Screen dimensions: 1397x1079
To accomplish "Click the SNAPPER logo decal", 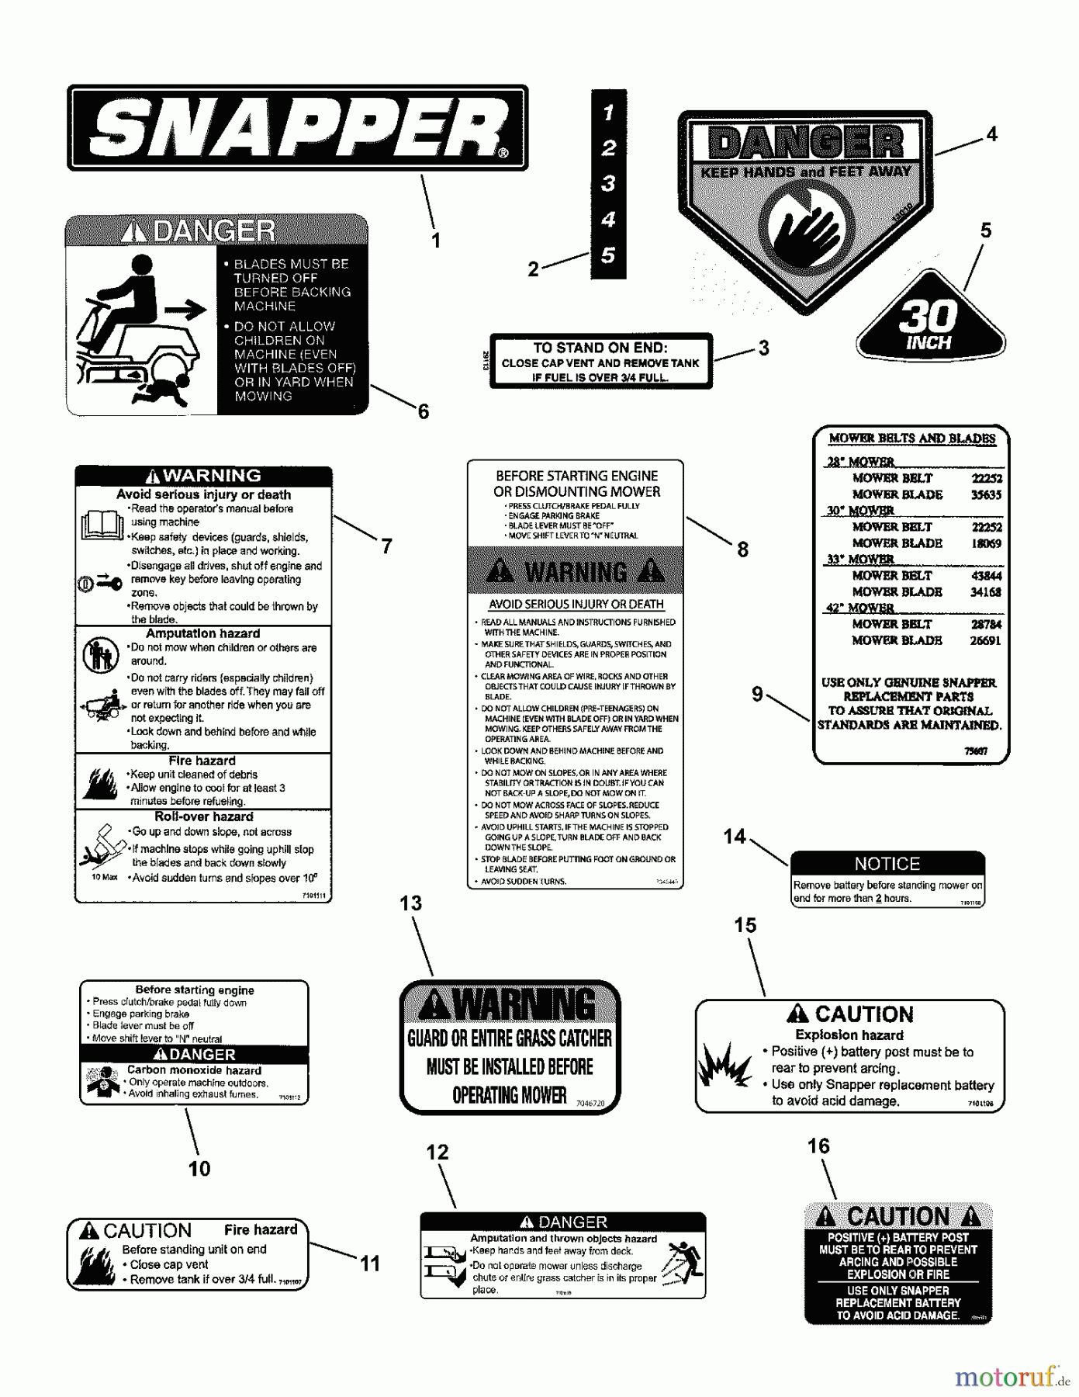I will pos(297,128).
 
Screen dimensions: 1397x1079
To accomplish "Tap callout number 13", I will pos(411,903).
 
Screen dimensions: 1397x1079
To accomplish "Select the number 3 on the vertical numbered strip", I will pos(608,184).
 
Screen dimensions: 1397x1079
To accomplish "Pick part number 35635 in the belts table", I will pos(986,494).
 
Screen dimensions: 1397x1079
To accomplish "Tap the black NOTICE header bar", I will pos(887,864).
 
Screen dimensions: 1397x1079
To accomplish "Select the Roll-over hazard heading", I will pos(204,816).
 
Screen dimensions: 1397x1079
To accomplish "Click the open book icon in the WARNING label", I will pos(102,525).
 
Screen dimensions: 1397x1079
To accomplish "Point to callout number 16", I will pos(818,1146).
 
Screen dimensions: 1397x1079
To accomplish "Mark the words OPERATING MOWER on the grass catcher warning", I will pos(510,1095).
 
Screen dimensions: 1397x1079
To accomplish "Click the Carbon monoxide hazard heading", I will pos(194,1070).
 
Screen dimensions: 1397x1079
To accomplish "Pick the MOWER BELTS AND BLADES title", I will pos(911,439).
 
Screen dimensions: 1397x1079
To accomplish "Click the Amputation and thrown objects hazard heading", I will pos(563,1239).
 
